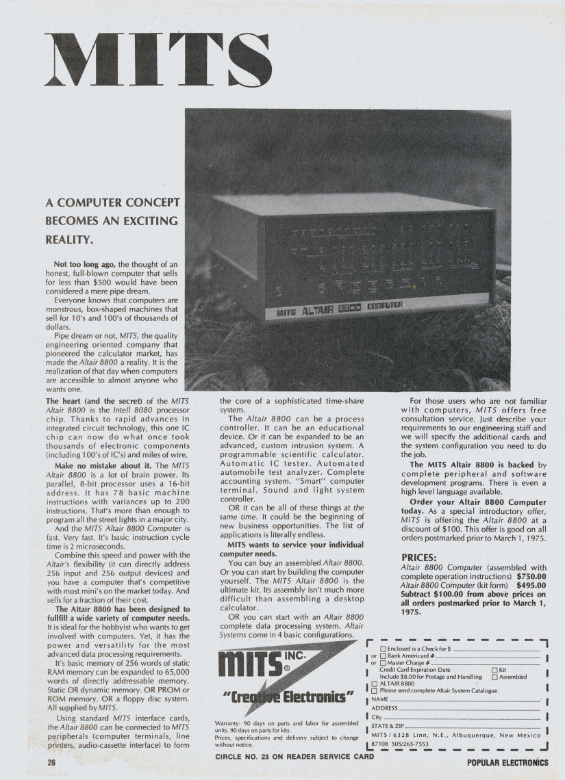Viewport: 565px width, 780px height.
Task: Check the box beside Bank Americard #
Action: (x=383, y=655)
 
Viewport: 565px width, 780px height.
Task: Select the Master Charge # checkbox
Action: (x=383, y=662)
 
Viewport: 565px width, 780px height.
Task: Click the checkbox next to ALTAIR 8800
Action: (x=375, y=684)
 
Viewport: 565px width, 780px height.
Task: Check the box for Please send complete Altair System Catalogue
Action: (x=375, y=690)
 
